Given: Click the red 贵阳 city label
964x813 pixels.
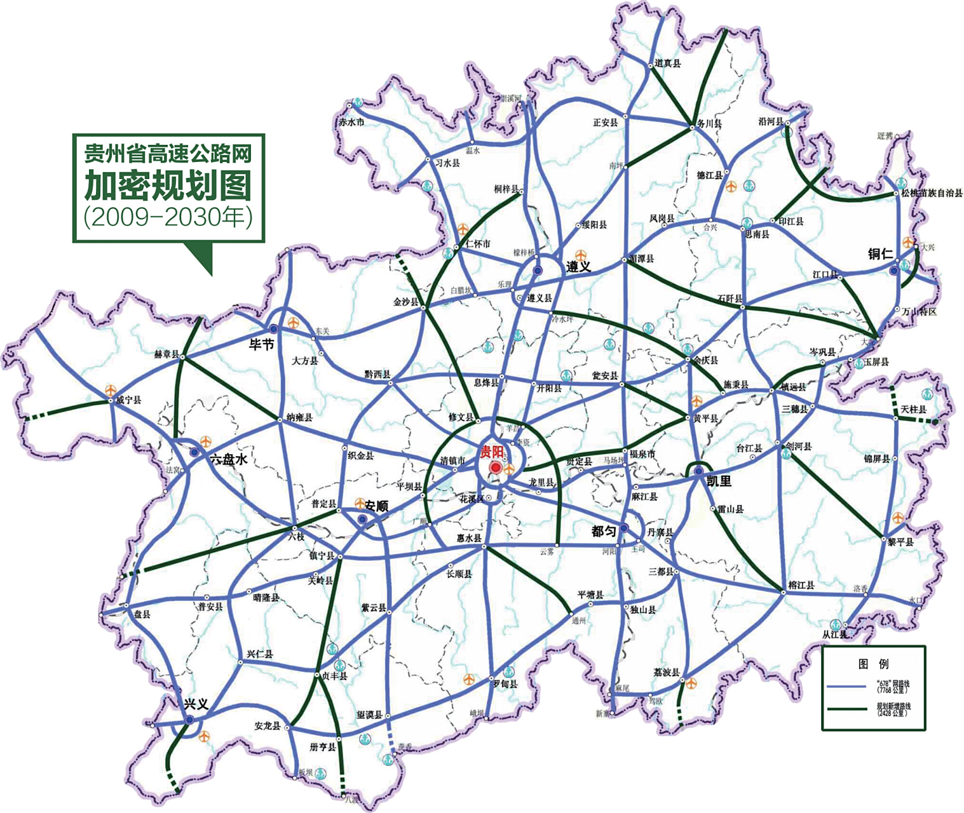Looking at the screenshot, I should click(x=491, y=452).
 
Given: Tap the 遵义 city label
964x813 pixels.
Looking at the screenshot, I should click(x=578, y=267).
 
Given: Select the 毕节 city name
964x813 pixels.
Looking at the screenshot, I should click(x=261, y=344).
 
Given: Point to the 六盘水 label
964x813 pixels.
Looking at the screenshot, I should click(x=228, y=459).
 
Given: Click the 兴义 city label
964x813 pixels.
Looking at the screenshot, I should click(x=196, y=704).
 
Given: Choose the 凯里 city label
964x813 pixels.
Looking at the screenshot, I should click(x=719, y=481).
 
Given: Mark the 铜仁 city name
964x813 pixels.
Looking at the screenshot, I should click(x=881, y=254).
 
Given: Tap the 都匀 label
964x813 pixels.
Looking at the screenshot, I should click(x=604, y=531).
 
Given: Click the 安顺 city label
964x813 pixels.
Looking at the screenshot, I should click(x=376, y=506).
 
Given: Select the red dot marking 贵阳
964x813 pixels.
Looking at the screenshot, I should click(x=495, y=467).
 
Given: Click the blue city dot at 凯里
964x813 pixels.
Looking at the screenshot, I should click(x=698, y=471).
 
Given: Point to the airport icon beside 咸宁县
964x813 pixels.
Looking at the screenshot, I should click(x=111, y=389).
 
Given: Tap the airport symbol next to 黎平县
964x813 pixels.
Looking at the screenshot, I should click(x=897, y=518).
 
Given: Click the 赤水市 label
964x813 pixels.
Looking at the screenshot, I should click(x=351, y=122).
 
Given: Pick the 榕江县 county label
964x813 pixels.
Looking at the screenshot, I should click(x=801, y=584).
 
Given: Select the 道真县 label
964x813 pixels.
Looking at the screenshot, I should click(x=667, y=63).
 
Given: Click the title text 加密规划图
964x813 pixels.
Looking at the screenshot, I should click(x=168, y=185).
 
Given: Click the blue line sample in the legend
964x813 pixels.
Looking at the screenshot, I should click(x=847, y=687).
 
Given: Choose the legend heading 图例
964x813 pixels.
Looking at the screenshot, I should click(x=873, y=664).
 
